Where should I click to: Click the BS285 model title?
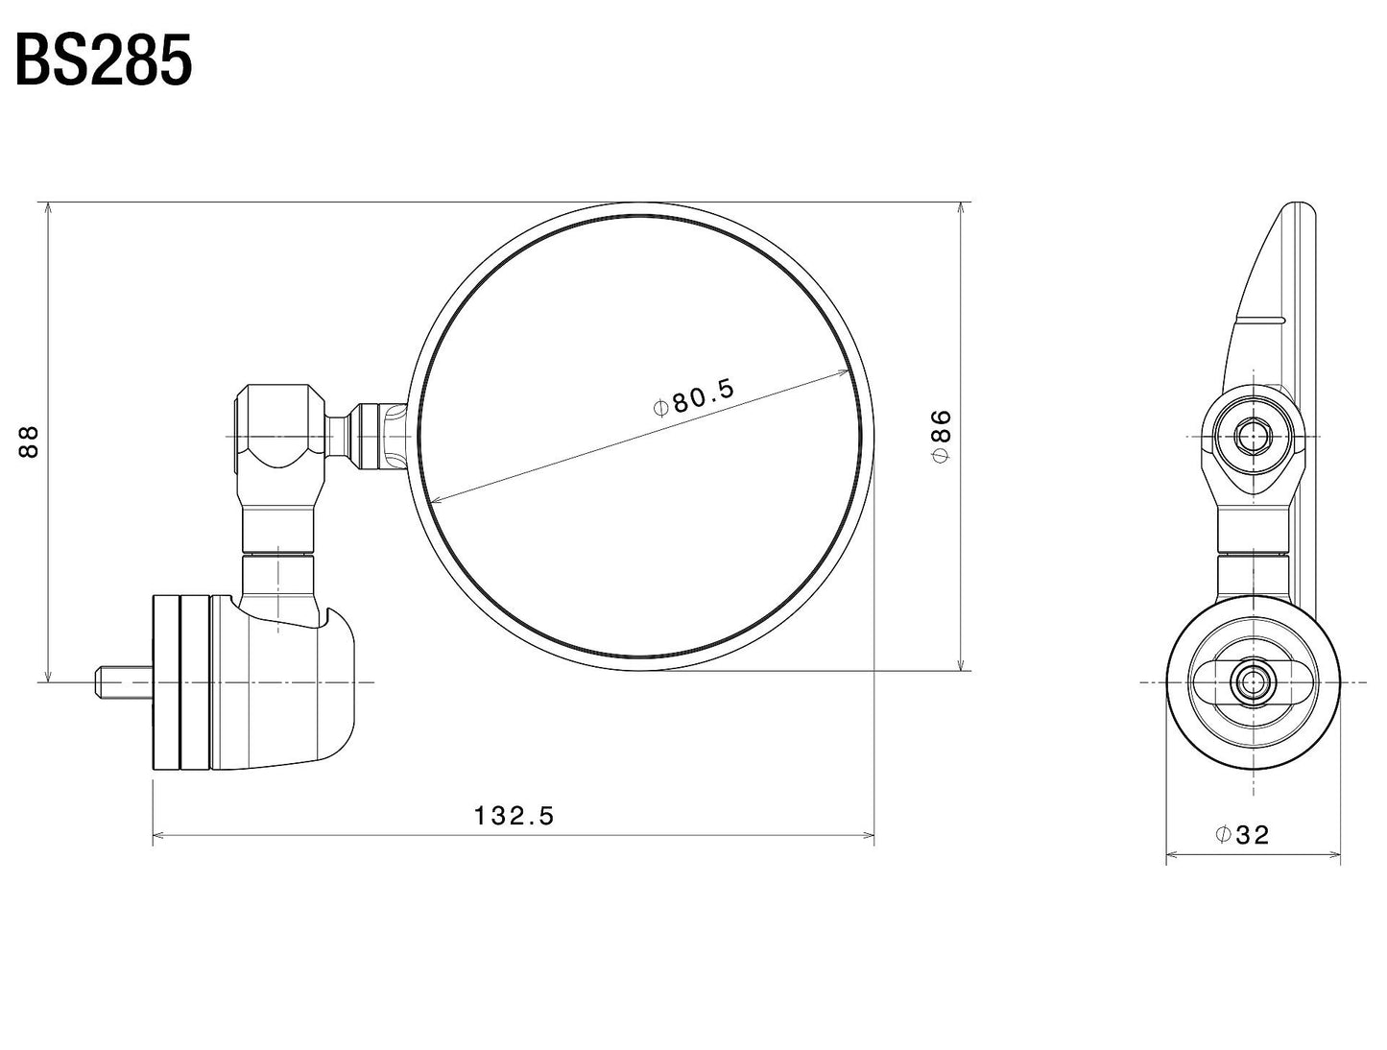point(104,62)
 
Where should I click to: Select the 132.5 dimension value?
point(514,816)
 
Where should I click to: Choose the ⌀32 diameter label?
point(1242,835)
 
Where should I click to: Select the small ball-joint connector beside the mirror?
point(370,437)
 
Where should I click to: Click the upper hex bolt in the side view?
point(1252,438)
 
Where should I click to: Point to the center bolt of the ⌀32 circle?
point(1252,682)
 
